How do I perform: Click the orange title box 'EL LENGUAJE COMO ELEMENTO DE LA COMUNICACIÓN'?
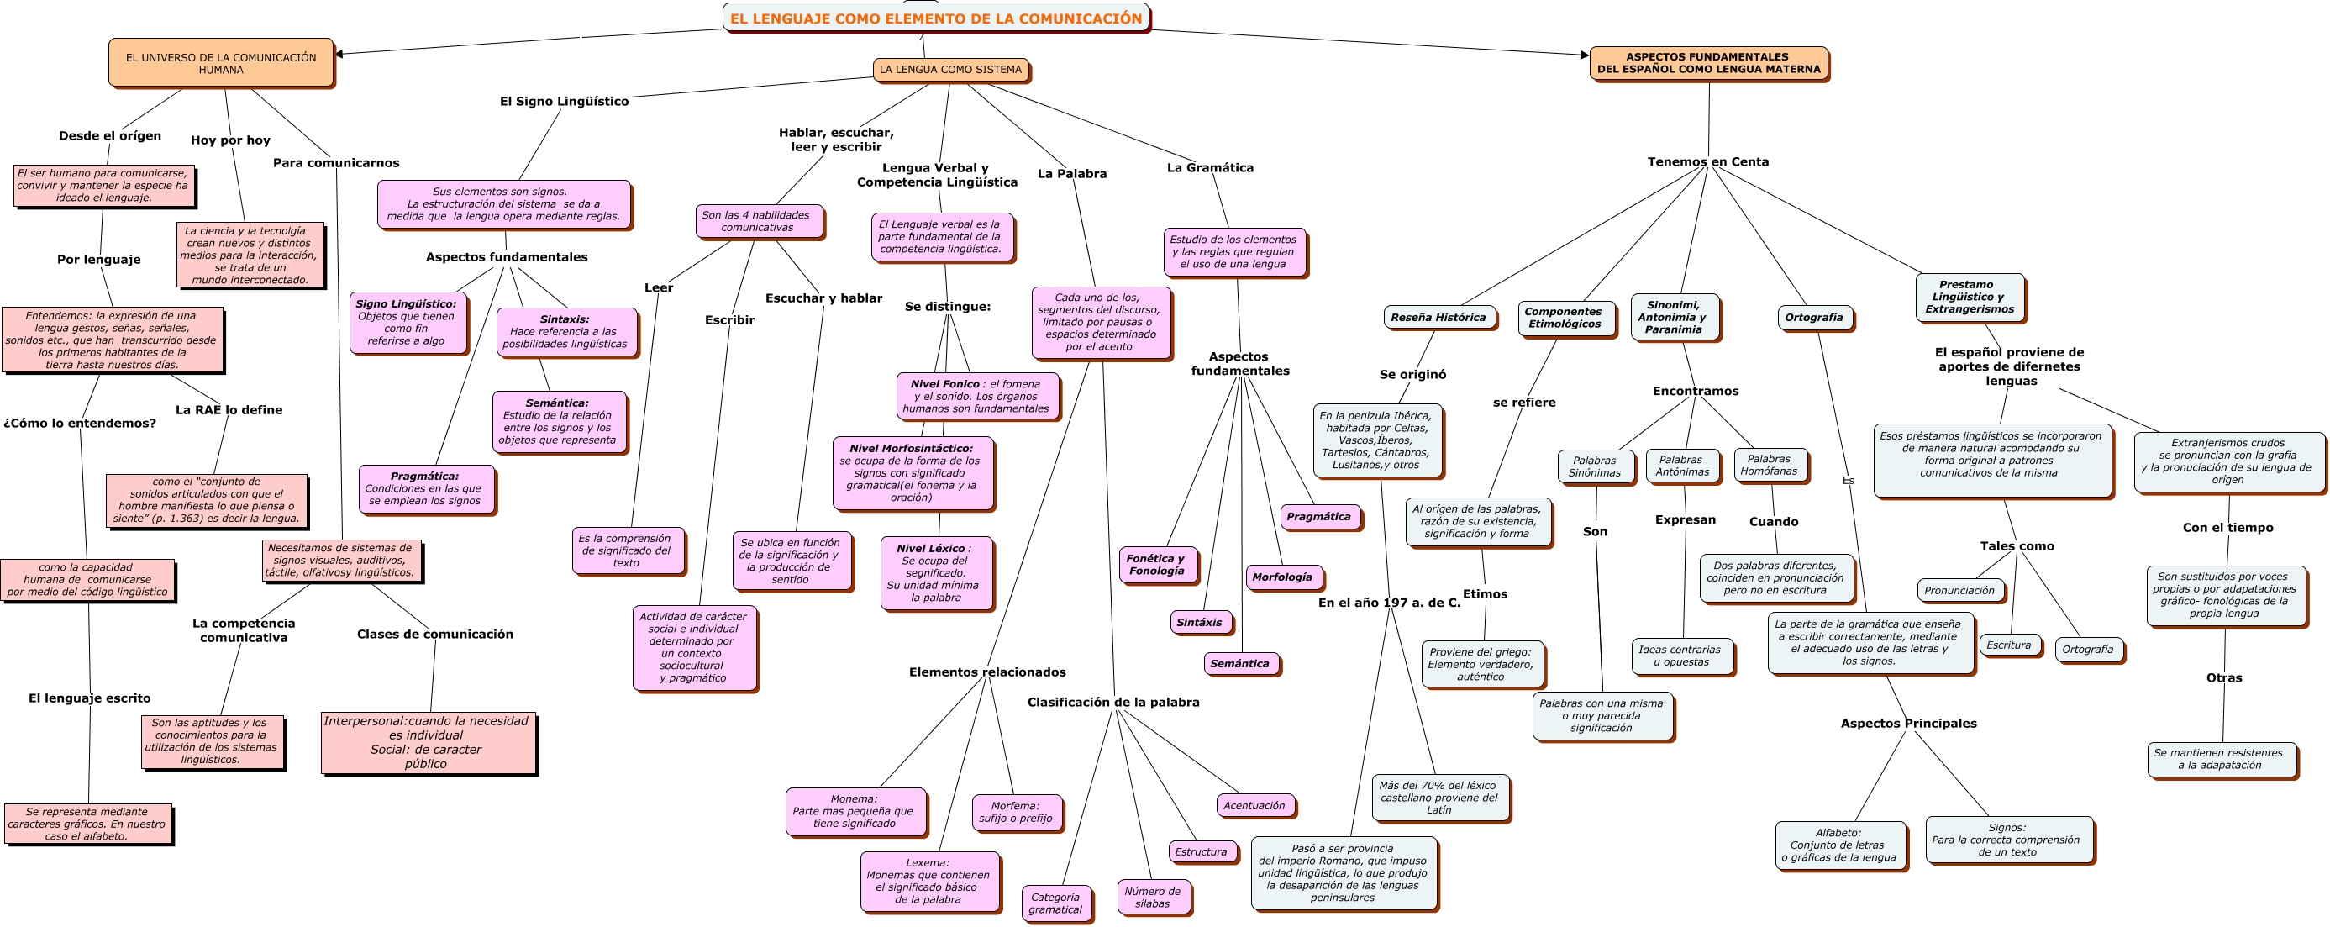(x=935, y=18)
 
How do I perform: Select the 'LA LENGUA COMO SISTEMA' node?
(x=949, y=70)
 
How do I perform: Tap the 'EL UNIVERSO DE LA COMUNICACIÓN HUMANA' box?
(x=221, y=63)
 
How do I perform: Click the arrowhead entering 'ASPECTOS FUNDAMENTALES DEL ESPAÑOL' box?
(x=1584, y=55)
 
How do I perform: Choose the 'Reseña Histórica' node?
(x=1438, y=318)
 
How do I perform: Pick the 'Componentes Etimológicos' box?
(x=1565, y=318)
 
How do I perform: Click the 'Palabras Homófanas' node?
(x=1770, y=465)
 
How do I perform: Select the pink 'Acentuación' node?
(x=1254, y=805)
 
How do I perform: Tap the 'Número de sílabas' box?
(x=1152, y=896)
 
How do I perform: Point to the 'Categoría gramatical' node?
(x=1055, y=903)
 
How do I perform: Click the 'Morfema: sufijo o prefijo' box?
(x=1016, y=811)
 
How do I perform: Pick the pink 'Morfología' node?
(x=1281, y=577)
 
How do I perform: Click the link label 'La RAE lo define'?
(x=229, y=409)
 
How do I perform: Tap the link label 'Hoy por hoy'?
(x=231, y=140)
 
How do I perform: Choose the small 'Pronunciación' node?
(x=1959, y=591)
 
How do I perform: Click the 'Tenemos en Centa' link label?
(x=1707, y=162)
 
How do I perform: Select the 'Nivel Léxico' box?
(x=935, y=572)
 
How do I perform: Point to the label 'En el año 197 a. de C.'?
(x=1388, y=603)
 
